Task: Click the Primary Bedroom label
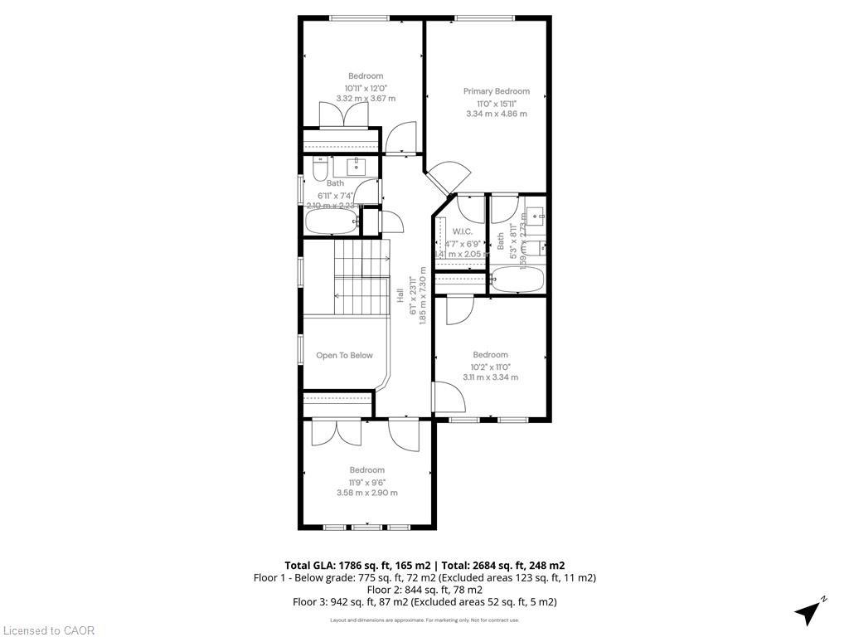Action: (x=496, y=91)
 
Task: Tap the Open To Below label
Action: (x=344, y=356)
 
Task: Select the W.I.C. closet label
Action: (x=462, y=231)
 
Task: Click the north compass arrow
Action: (x=809, y=611)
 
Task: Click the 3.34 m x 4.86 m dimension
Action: (x=496, y=114)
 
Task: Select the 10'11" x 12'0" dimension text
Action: (x=366, y=88)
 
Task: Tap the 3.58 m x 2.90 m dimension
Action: (x=366, y=493)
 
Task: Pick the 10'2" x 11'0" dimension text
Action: (x=490, y=367)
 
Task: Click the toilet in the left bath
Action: (x=319, y=170)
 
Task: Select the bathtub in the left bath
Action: (x=332, y=221)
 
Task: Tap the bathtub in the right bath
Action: (x=517, y=279)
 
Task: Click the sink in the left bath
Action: (x=357, y=166)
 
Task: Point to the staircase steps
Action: (x=361, y=277)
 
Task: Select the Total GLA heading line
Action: (x=424, y=565)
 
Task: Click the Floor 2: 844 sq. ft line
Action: (x=424, y=590)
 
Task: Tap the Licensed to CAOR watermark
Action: (x=48, y=630)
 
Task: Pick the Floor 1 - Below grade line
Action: (x=424, y=577)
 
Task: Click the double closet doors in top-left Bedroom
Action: (x=343, y=115)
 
